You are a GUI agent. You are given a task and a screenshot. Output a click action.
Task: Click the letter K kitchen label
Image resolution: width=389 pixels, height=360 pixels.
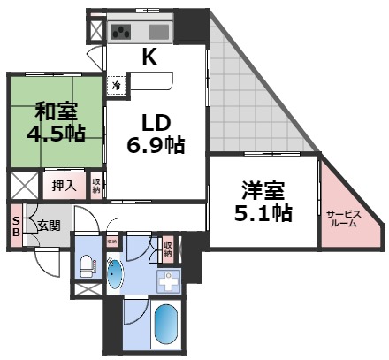[x=149, y=58]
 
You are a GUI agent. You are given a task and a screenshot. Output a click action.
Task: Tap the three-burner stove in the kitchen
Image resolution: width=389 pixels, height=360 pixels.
[x=123, y=32]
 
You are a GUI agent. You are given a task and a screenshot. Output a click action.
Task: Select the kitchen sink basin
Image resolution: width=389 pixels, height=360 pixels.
[x=160, y=31]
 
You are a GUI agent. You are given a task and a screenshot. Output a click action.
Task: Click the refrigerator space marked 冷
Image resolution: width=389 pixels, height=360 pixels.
[x=116, y=86]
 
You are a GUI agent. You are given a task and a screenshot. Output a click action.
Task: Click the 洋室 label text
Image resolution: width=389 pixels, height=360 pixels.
[x=262, y=190]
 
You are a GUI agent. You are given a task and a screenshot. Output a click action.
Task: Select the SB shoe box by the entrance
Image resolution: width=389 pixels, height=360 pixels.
[x=16, y=226]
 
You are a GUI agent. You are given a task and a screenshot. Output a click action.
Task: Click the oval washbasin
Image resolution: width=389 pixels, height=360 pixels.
[x=116, y=272]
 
